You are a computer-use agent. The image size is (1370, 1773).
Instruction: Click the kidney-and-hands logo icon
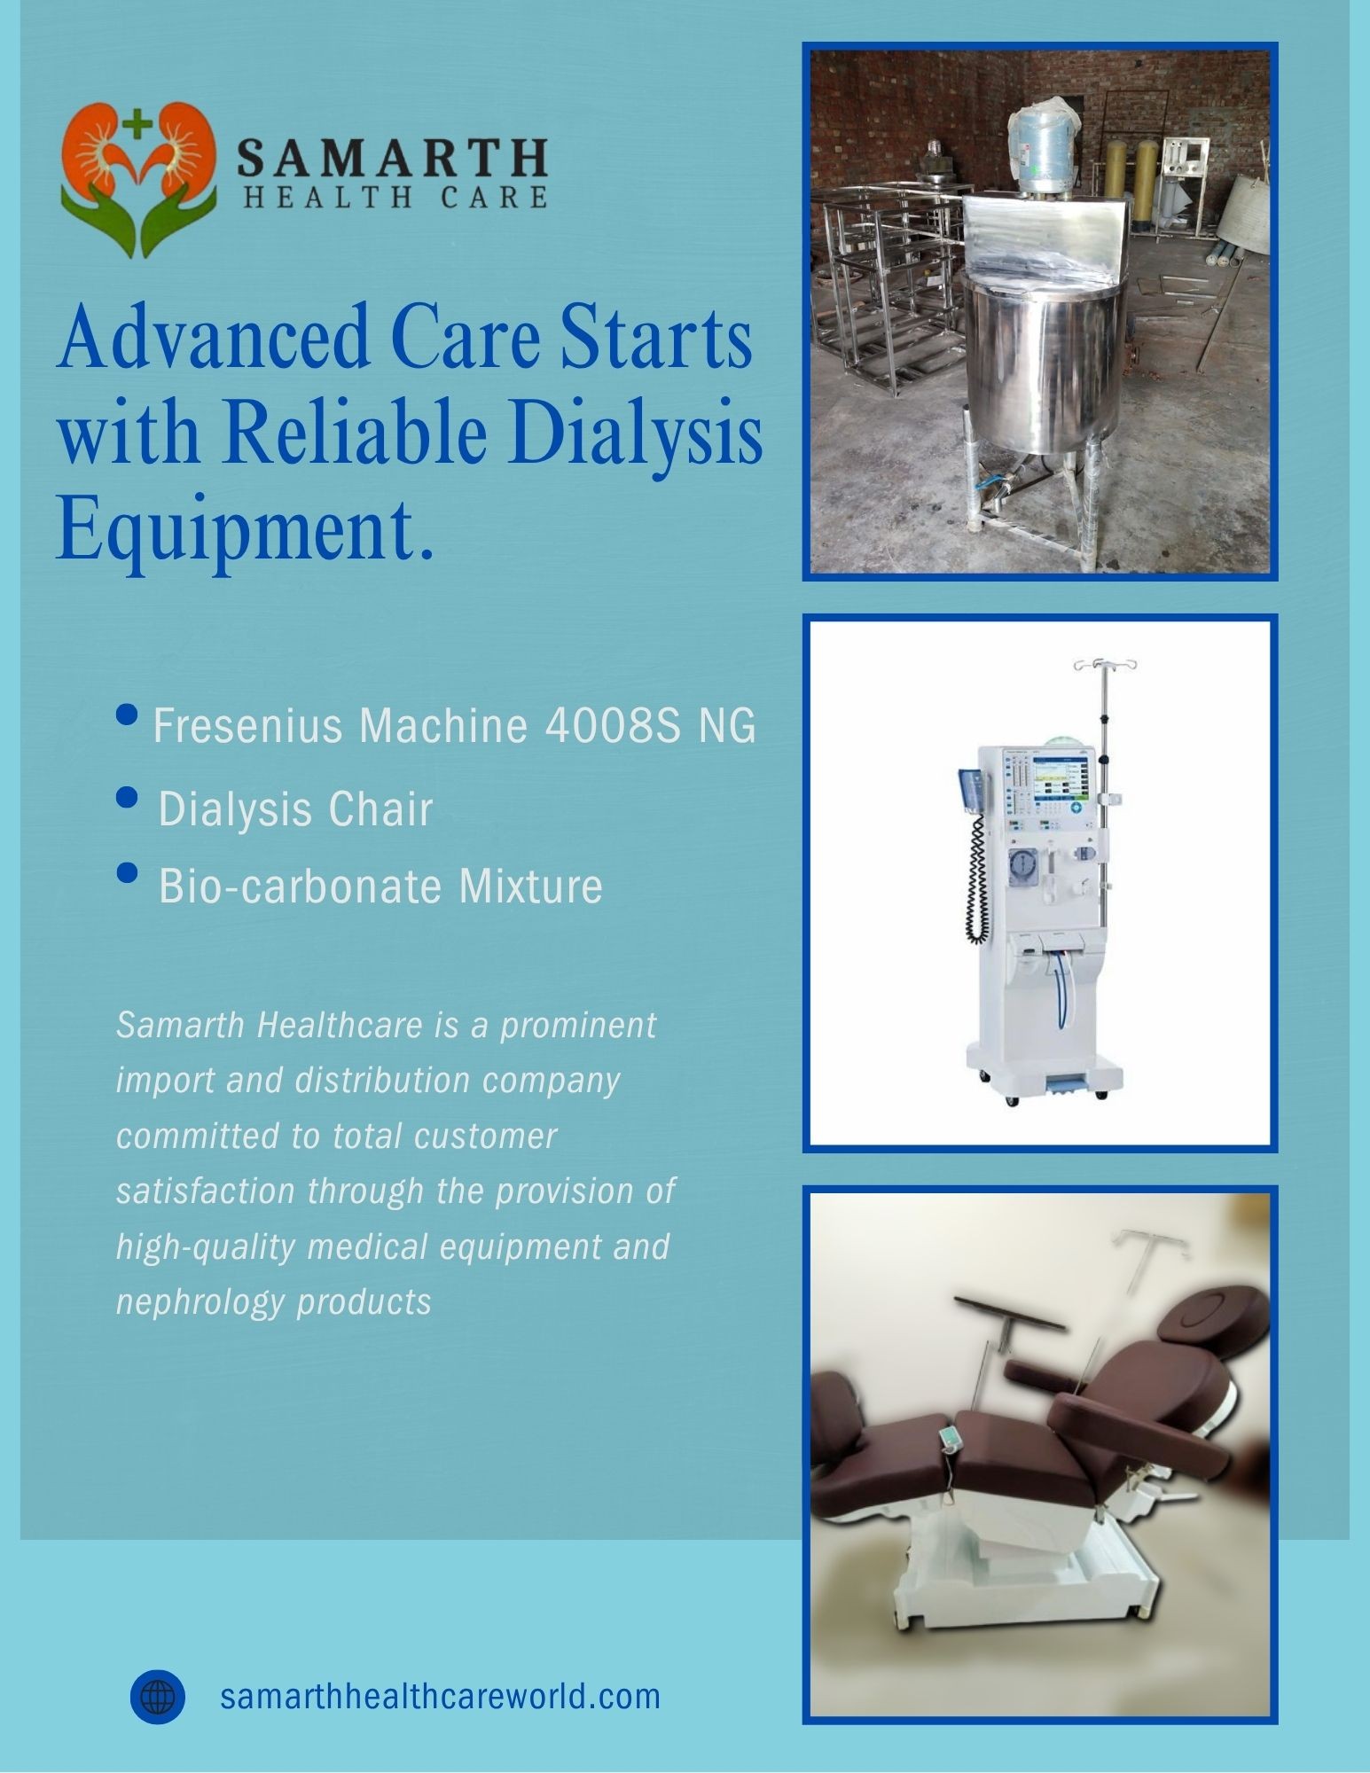click(x=137, y=179)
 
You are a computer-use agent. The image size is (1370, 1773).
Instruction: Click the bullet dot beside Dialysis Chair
click(x=128, y=797)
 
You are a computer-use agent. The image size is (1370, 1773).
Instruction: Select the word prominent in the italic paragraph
click(x=579, y=1026)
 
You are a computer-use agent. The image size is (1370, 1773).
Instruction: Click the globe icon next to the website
click(x=158, y=1697)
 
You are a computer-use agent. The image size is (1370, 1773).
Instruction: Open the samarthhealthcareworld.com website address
click(x=440, y=1697)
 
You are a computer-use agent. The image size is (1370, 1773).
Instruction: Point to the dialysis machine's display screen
click(x=1061, y=779)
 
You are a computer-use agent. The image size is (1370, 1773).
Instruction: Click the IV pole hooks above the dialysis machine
click(x=1104, y=664)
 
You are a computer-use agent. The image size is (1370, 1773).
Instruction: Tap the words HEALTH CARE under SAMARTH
click(x=395, y=197)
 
